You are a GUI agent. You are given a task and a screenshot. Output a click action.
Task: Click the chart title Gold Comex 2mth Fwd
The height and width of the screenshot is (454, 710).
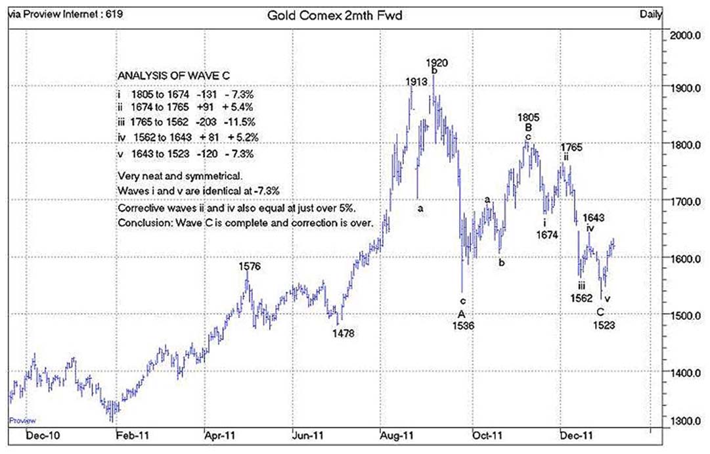coord(335,14)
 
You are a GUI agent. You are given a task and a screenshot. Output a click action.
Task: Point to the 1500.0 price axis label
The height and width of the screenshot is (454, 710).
coord(686,316)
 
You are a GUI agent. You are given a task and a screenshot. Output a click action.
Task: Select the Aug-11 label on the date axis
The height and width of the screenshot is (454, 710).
coord(396,434)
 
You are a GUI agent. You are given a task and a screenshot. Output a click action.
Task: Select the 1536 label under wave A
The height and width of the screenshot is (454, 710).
coord(462,325)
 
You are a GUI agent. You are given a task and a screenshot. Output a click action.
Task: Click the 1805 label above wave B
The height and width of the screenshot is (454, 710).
coord(528,117)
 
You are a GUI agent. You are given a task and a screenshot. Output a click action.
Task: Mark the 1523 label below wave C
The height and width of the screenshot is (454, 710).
coord(604,325)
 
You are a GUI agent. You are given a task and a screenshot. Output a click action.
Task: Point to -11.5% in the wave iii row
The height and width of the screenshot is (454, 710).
coord(240,122)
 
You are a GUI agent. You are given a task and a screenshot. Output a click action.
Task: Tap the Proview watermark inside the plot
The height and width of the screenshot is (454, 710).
coord(22,420)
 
